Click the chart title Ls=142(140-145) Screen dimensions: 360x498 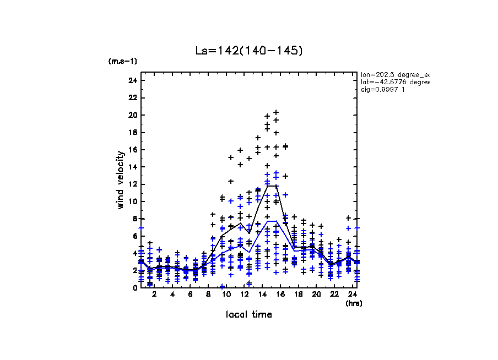tap(249, 51)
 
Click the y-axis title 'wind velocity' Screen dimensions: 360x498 tap(120, 180)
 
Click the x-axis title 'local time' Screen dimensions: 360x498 tap(248, 314)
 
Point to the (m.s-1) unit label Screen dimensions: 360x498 tap(123, 61)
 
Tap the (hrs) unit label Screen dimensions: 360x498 tap(353, 303)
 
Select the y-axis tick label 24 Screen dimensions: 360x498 tap(132, 80)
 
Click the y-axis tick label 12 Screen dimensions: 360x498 tap(132, 184)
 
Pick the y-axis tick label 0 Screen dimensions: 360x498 tap(134, 287)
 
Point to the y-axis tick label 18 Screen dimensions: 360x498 tap(132, 132)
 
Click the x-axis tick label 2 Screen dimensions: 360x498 tap(154, 295)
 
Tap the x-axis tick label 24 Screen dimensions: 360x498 tap(352, 295)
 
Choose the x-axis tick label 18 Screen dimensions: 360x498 tap(298, 295)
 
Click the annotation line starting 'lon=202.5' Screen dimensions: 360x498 tap(394, 74)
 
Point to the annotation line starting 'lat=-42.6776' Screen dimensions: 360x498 tap(394, 82)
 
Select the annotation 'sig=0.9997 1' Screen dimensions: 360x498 tap(383, 90)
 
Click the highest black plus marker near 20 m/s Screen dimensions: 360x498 tap(276, 112)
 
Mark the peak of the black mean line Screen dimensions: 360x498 tap(272, 186)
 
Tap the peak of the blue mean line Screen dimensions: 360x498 tap(272, 221)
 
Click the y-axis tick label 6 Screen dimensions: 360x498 tap(134, 236)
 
